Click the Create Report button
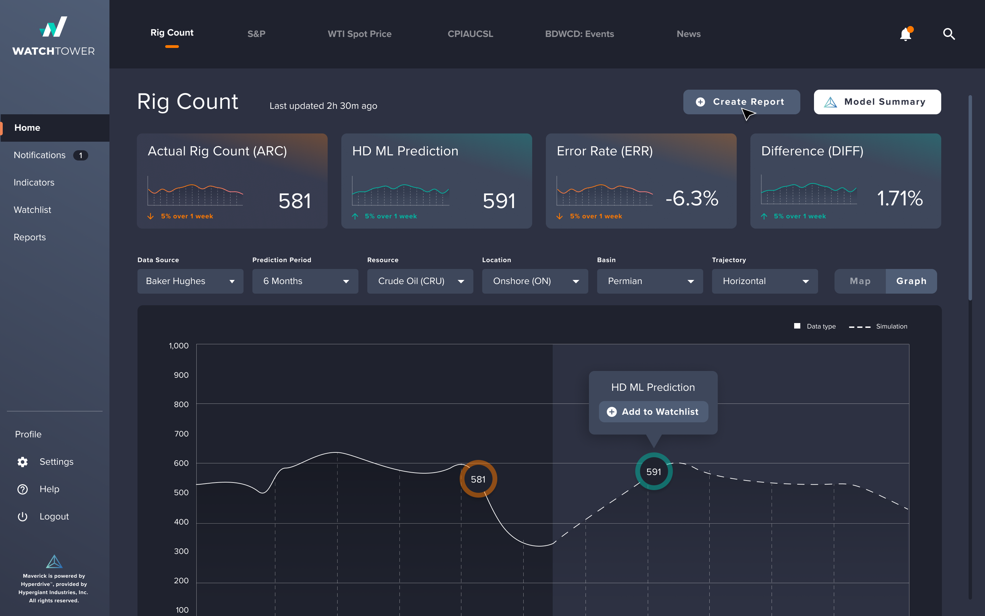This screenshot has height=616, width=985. coord(741,102)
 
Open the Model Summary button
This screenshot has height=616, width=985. coord(877,102)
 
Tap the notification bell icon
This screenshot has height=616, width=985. coord(905,34)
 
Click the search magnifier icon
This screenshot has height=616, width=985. coord(949,34)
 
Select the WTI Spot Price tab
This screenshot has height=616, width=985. coord(359,34)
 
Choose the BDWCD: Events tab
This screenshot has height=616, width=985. coord(579,34)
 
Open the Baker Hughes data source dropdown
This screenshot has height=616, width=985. coord(190,281)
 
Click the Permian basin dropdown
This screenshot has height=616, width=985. coord(649,281)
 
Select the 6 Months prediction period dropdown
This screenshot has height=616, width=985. coord(305,281)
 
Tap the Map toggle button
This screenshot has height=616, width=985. coord(860,281)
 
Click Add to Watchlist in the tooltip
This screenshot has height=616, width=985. coord(653,412)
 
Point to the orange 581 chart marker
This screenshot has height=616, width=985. coord(478,479)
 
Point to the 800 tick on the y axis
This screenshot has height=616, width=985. coord(181,404)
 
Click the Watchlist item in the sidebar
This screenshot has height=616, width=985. coord(32,210)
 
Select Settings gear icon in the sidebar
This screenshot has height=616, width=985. coord(23,462)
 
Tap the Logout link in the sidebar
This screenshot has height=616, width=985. coord(54,517)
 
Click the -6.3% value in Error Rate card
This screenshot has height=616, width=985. coord(692,198)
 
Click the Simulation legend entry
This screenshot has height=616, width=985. coord(878,326)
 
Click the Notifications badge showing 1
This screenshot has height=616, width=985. coord(81,155)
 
